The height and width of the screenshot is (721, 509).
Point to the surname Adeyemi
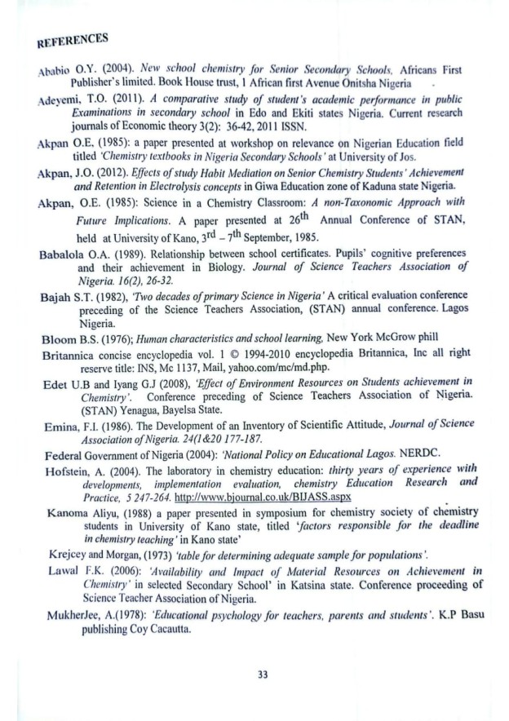[x=51, y=100]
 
